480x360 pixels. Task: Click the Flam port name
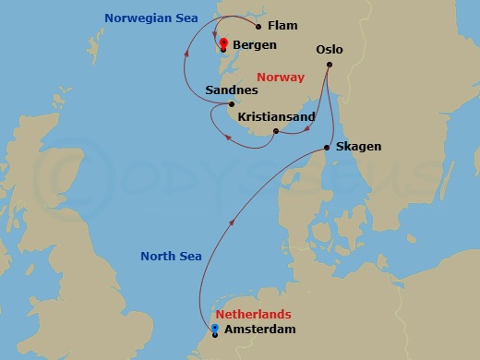point(282,26)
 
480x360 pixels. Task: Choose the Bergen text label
point(255,43)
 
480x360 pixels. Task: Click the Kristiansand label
point(276,116)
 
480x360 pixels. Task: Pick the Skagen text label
point(359,147)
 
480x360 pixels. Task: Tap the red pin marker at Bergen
point(222,42)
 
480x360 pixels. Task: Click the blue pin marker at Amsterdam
point(215,329)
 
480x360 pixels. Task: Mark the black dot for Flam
point(258,27)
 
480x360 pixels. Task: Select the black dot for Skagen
point(329,148)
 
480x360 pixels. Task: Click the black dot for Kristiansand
point(275,131)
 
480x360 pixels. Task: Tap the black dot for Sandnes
point(231,104)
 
